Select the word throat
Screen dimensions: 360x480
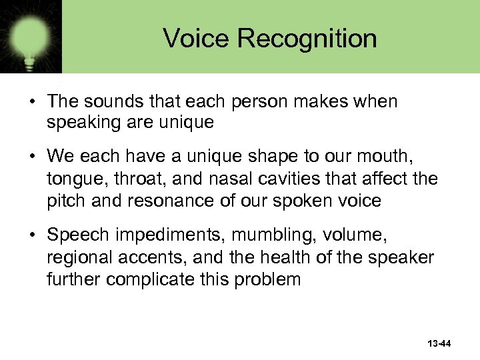point(133,179)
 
